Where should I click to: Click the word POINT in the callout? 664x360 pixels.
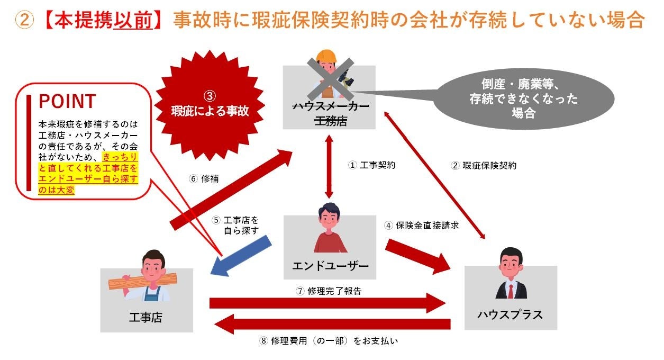67,101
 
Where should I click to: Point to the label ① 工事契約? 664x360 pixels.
371,165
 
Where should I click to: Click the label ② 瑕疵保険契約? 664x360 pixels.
484,165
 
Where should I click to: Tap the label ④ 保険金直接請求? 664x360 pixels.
421,225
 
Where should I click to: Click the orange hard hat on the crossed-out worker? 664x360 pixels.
326,56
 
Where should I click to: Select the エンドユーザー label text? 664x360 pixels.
330,265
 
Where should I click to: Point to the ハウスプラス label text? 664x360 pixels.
510,314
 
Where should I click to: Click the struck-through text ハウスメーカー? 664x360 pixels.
330,107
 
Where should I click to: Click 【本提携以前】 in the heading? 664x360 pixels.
103,21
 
